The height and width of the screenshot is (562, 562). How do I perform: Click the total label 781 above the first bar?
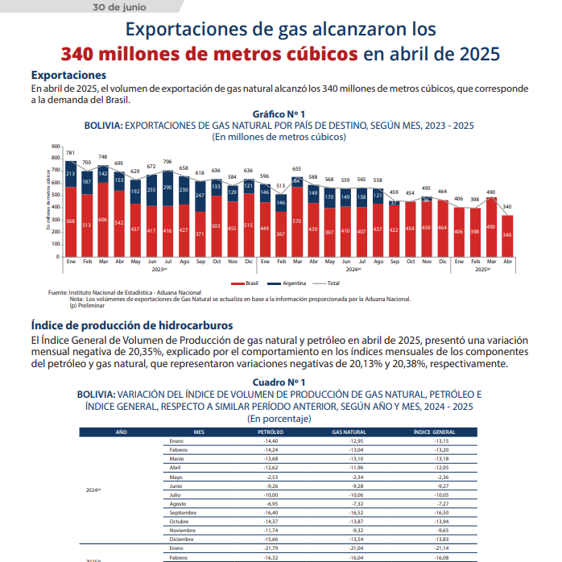click(71, 152)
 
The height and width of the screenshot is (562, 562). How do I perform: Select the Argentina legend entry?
click(293, 283)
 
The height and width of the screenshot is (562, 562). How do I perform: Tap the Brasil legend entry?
click(247, 283)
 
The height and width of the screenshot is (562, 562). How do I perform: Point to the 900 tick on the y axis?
click(56, 147)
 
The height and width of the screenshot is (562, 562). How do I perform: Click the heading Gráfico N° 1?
click(279, 115)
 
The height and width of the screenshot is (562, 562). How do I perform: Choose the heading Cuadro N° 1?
click(279, 382)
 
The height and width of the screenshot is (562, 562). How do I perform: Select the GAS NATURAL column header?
click(349, 432)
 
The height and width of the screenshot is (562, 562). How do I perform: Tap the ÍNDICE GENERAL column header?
click(436, 432)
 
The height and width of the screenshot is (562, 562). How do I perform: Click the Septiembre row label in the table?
click(184, 513)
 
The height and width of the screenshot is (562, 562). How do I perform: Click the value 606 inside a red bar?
click(103, 220)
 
